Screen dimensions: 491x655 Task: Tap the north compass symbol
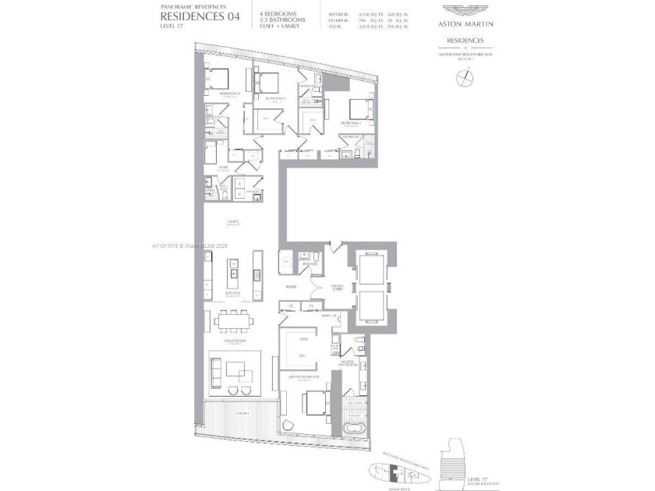pos(468,77)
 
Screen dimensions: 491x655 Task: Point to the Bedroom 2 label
pos(349,123)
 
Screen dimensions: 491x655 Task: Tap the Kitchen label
pos(232,293)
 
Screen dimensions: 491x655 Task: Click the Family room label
pos(232,221)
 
